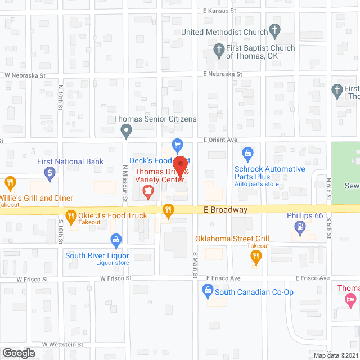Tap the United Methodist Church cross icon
[275, 30]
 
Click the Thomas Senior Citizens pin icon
[127, 131]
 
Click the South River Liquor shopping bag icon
[116, 240]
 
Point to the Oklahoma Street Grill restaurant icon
[256, 256]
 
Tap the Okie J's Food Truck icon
[71, 215]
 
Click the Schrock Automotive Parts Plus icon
[247, 153]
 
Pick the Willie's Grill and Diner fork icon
[10, 183]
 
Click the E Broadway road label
[226, 210]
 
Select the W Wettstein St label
[62, 344]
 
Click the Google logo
[19, 353]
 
